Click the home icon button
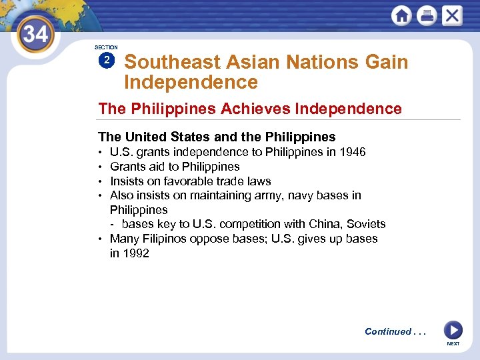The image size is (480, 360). point(401,15)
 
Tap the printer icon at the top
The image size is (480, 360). point(427,15)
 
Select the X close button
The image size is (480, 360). point(451,15)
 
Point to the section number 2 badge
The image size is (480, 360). point(106,61)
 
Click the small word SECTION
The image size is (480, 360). point(106,47)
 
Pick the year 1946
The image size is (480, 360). point(352,152)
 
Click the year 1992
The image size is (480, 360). point(136,253)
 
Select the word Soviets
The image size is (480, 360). point(366,224)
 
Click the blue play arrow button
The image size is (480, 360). point(453,330)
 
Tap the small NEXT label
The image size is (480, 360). point(453,344)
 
